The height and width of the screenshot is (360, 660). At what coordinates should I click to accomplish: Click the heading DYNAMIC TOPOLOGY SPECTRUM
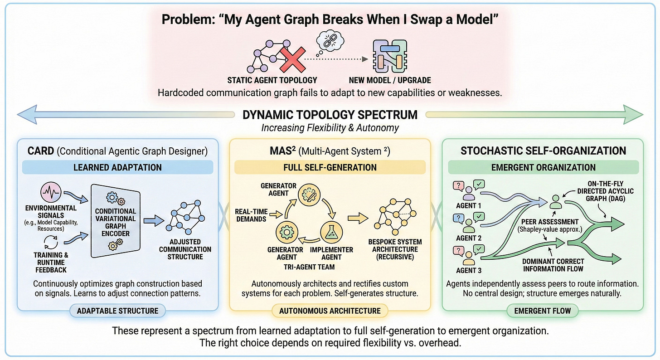(x=330, y=114)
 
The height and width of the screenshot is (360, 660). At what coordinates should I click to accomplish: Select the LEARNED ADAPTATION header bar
(x=117, y=167)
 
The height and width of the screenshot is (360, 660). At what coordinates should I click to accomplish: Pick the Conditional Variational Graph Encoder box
(x=116, y=222)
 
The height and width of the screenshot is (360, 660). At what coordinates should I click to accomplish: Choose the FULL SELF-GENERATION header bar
(x=330, y=167)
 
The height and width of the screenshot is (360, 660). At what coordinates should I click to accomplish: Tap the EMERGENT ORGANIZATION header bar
(x=544, y=167)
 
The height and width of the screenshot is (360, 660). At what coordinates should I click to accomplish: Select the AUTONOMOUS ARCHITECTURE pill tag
(x=330, y=311)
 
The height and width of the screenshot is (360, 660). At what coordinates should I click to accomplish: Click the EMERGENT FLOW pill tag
(x=543, y=311)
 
